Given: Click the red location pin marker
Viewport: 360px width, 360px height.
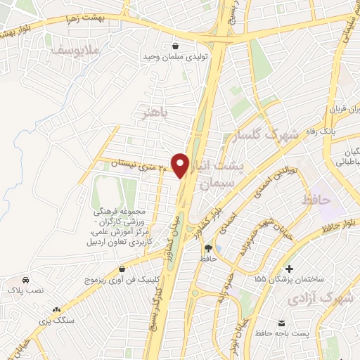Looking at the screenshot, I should [x=181, y=165].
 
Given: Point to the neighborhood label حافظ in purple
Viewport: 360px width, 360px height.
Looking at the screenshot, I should [x=316, y=201].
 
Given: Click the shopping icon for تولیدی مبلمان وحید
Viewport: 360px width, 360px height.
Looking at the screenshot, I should [x=174, y=46].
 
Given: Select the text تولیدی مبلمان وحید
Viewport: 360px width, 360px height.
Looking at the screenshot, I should [x=174, y=59].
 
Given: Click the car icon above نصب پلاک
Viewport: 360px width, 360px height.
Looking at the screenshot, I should [x=25, y=278].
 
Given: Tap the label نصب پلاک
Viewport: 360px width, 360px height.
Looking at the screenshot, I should [x=25, y=290].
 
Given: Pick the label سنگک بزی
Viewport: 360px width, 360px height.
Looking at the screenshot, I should [x=57, y=320].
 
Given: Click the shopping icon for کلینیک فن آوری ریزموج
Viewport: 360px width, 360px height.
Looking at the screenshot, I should [x=122, y=269].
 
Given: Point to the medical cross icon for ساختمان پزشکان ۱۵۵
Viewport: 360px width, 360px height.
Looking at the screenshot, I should [x=289, y=269].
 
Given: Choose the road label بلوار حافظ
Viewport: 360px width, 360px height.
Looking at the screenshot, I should [x=338, y=226].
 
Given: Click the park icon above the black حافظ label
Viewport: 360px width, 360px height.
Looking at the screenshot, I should [x=208, y=247].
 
